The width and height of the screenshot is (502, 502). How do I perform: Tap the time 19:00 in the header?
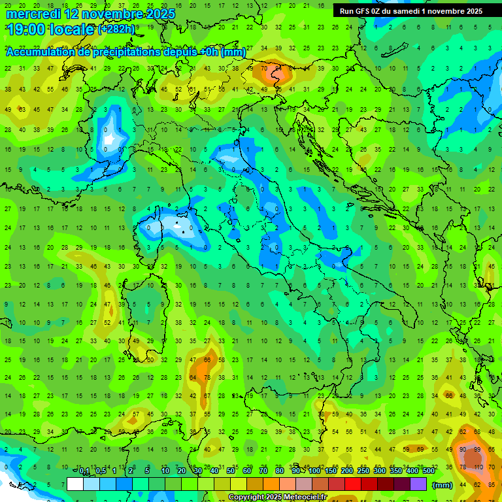(24, 29)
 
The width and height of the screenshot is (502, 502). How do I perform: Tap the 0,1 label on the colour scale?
(84, 471)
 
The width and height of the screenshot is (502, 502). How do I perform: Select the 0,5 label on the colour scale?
(101, 471)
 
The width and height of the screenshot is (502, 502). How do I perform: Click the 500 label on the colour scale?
(428, 471)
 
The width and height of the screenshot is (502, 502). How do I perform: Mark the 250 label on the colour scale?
(363, 471)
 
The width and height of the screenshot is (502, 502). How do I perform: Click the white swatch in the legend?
(75, 484)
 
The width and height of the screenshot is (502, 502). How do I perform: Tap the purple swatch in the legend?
(418, 484)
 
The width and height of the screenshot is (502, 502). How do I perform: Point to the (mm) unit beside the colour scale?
(443, 484)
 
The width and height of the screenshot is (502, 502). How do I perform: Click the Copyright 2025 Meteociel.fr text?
(277, 497)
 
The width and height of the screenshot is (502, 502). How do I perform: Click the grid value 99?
(478, 450)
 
